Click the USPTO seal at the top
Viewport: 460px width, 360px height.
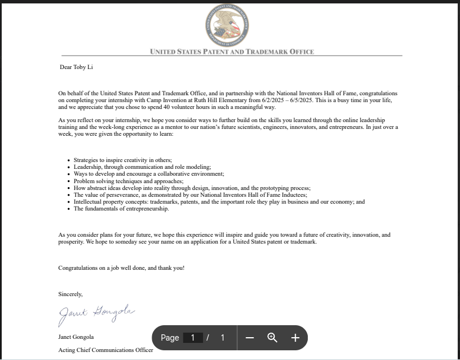(227, 26)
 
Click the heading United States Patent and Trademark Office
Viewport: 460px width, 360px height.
(231, 52)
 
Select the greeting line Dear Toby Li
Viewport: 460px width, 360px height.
(76, 67)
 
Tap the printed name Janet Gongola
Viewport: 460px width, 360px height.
(76, 337)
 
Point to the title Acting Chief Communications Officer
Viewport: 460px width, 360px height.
(105, 350)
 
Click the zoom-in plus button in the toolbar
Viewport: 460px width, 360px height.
(295, 338)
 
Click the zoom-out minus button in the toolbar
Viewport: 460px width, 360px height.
(250, 338)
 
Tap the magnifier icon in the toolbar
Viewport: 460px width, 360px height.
(272, 338)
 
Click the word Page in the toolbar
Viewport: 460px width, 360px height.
(170, 338)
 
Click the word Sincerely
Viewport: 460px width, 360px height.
(70, 294)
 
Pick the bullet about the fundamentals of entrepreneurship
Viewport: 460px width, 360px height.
(121, 209)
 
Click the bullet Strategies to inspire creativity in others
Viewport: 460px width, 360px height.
(123, 160)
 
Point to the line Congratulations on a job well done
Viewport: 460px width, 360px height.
(121, 268)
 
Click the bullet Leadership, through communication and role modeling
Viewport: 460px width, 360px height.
(142, 167)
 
